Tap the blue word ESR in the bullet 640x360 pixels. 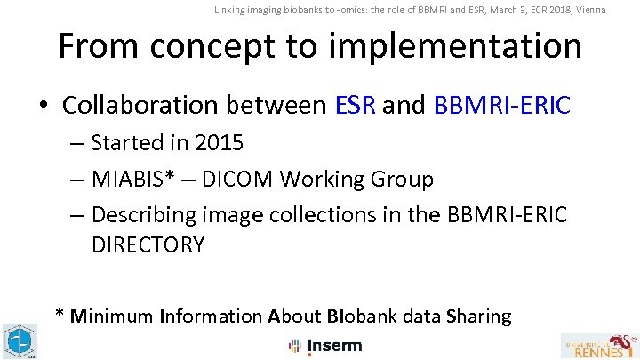pyautogui.click(x=356, y=106)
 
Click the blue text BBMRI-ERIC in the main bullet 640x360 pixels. pyautogui.click(x=502, y=106)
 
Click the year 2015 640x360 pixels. pyautogui.click(x=218, y=142)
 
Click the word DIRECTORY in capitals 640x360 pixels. pyautogui.click(x=148, y=244)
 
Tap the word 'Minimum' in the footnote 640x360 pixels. pyautogui.click(x=111, y=316)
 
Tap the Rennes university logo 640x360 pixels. pyautogui.click(x=598, y=345)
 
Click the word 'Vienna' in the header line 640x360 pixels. pyautogui.click(x=588, y=10)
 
